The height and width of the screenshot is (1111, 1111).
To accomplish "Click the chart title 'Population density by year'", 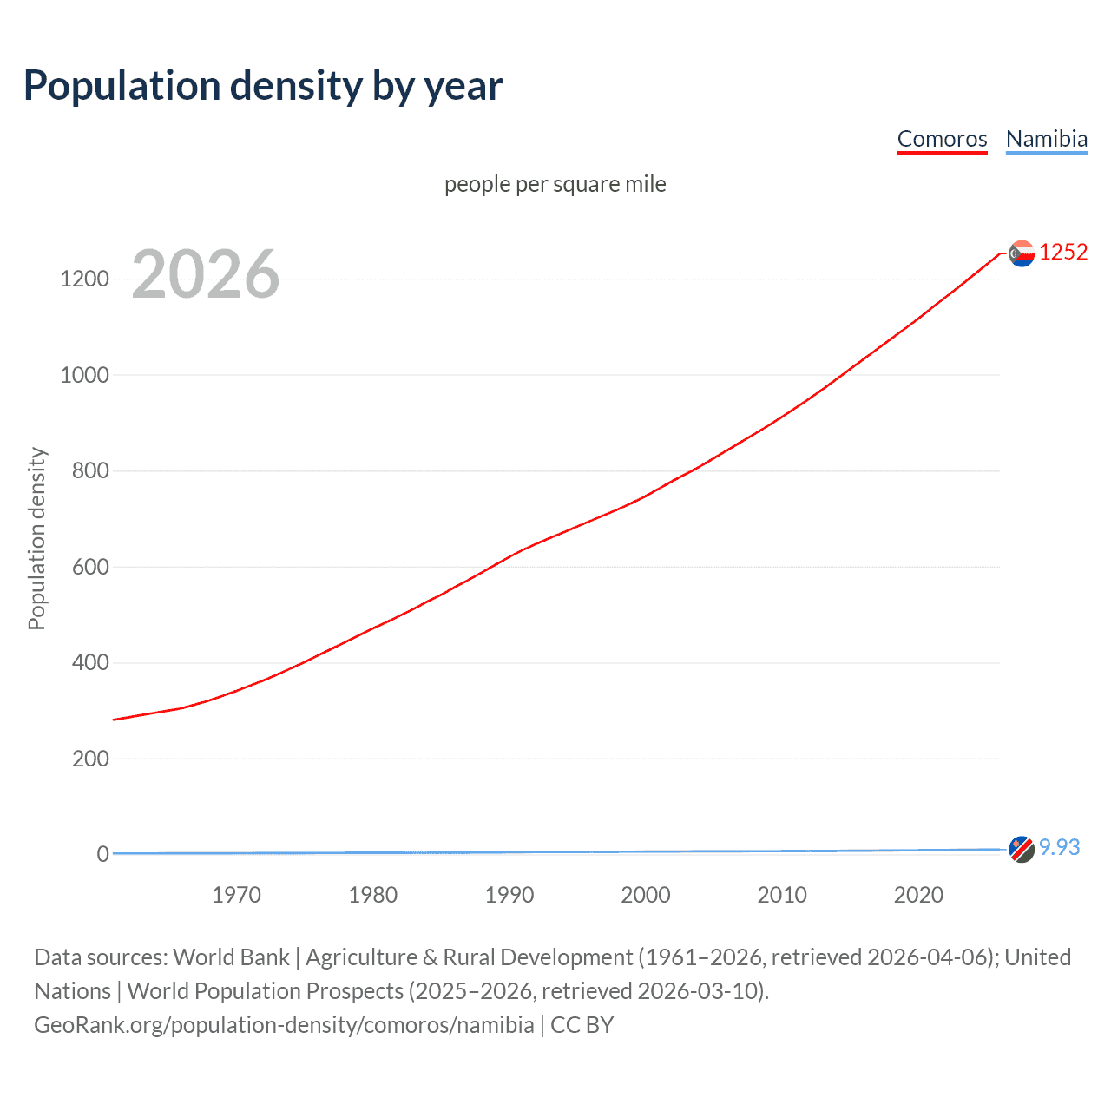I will click(x=263, y=86).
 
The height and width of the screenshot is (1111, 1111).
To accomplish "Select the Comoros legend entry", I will click(x=942, y=139).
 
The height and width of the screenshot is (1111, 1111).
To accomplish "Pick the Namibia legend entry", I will click(x=1046, y=139).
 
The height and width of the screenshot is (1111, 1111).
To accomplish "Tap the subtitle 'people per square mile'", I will click(x=555, y=184).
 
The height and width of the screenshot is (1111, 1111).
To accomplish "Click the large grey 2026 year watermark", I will click(x=206, y=274).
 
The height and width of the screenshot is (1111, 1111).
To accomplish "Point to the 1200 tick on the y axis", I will click(x=84, y=279).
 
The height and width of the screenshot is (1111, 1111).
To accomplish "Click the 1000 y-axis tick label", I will click(x=84, y=375).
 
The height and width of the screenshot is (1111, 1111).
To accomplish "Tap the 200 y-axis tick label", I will click(x=90, y=759).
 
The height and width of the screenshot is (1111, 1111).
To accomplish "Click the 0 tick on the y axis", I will click(x=102, y=854).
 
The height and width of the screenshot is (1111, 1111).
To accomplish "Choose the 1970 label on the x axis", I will click(x=236, y=895).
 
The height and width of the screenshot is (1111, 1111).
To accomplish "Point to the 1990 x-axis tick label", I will click(x=509, y=895).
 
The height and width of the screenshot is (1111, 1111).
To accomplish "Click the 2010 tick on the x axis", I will click(x=782, y=895).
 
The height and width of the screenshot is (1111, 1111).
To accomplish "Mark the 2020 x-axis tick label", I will click(x=918, y=895).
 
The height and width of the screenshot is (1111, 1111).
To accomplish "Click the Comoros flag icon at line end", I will click(x=1022, y=253).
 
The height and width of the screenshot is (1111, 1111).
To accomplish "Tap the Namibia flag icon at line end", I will click(x=1022, y=849).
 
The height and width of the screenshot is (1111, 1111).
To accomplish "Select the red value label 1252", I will click(x=1063, y=252).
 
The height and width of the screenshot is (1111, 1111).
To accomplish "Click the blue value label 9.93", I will click(x=1060, y=847).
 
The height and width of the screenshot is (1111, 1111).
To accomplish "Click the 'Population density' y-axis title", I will click(x=36, y=538).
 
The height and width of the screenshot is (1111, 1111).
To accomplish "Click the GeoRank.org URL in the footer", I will click(x=284, y=1025).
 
